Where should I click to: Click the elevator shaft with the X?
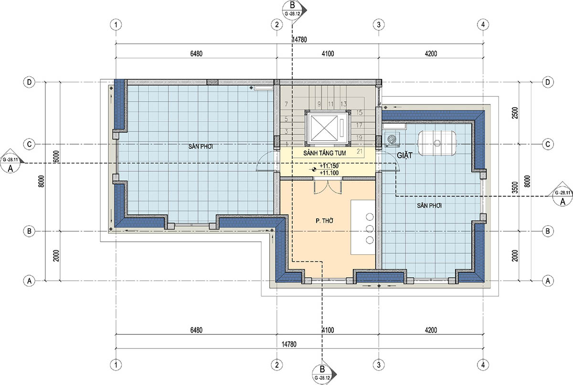click(328, 128)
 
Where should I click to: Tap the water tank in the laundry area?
click(437, 143)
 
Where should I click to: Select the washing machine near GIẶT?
click(392, 139)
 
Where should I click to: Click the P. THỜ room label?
click(324, 220)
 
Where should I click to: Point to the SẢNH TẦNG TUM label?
click(324, 153)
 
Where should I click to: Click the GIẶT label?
click(405, 155)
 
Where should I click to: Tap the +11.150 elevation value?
click(329, 166)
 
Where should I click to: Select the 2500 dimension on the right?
click(515, 113)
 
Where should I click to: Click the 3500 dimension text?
click(515, 187)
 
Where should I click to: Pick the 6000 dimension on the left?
click(56, 156)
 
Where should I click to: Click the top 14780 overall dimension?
click(299, 40)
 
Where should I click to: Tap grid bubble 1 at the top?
click(116, 25)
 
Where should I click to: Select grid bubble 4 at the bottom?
click(483, 364)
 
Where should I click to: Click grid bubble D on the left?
click(29, 83)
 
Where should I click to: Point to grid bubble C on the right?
click(548, 144)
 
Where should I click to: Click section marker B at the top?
click(293, 9)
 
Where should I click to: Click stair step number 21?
click(360, 151)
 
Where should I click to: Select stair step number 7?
click(286, 104)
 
